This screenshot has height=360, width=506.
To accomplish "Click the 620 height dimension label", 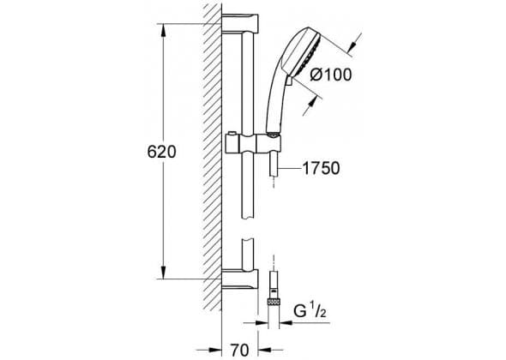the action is pyautogui.click(x=162, y=152).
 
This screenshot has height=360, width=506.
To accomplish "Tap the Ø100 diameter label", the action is pyautogui.click(x=331, y=75).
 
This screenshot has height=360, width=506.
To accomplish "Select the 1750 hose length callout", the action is pyautogui.click(x=321, y=168).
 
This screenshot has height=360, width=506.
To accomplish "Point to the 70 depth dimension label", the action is pyautogui.click(x=240, y=350).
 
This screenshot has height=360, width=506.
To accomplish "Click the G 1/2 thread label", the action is pyautogui.click(x=310, y=311).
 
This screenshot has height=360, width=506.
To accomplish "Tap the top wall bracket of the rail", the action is pyautogui.click(x=240, y=23).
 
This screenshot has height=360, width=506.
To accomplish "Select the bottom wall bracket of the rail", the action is pyautogui.click(x=240, y=279).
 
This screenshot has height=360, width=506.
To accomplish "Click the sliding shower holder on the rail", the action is pyautogui.click(x=252, y=142).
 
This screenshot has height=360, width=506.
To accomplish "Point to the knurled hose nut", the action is pyautogui.click(x=274, y=302).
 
